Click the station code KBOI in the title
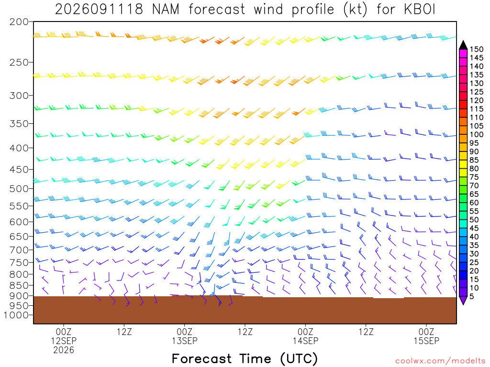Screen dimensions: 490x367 419,10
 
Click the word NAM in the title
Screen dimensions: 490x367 166,10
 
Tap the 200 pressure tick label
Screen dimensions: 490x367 19,22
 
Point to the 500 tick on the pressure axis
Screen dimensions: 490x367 19,188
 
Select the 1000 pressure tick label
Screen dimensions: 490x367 16,315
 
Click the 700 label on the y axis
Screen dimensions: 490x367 19,249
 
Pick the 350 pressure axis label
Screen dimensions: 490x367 19,124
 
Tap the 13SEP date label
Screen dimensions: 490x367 185,341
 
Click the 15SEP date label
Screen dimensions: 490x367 426,341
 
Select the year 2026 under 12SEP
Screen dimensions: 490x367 64,350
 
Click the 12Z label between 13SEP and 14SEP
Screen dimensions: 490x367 245,332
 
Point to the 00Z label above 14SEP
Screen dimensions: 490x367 305,332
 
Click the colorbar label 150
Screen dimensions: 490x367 477,49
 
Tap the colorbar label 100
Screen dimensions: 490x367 477,134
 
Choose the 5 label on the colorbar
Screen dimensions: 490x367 472,296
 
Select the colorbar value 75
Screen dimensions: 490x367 474,177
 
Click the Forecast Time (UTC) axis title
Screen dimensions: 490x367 245,358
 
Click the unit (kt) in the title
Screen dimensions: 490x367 355,10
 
